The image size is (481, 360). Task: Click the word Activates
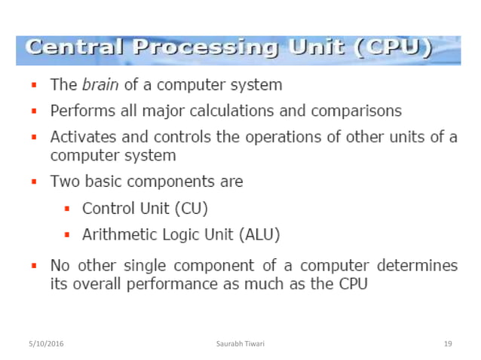81,137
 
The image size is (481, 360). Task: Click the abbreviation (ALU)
259,234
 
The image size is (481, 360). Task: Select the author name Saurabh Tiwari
240,343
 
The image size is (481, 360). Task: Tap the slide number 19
448,343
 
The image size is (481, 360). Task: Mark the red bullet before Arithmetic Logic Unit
67,235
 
